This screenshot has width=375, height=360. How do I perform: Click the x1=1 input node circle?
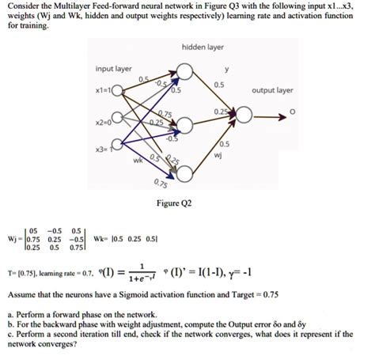[119, 91]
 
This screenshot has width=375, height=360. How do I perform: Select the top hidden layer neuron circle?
[186, 72]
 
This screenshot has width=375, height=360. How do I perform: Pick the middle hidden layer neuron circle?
[186, 124]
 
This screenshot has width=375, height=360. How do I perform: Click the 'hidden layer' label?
[203, 47]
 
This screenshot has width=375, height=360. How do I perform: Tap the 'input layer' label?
[113, 68]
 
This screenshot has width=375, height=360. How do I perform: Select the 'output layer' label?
[272, 90]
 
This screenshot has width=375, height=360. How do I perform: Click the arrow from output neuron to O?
[273, 117]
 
